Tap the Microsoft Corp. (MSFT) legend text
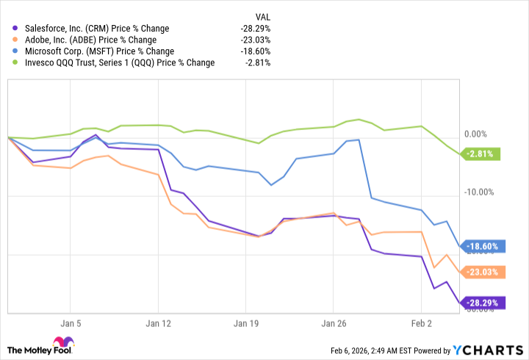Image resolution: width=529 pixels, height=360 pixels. [94, 51]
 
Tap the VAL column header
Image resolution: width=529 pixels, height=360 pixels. [261, 15]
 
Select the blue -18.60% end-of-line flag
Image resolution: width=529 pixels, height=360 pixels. [481, 247]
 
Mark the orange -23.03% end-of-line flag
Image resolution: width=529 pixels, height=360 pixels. [481, 273]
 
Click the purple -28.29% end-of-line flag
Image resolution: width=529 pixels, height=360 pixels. [481, 302]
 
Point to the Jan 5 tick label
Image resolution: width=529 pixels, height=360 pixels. [70, 322]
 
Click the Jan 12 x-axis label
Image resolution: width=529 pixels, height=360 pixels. [158, 322]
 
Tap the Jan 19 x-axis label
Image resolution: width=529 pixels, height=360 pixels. [246, 322]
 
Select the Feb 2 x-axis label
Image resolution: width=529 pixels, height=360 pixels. [421, 322]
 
